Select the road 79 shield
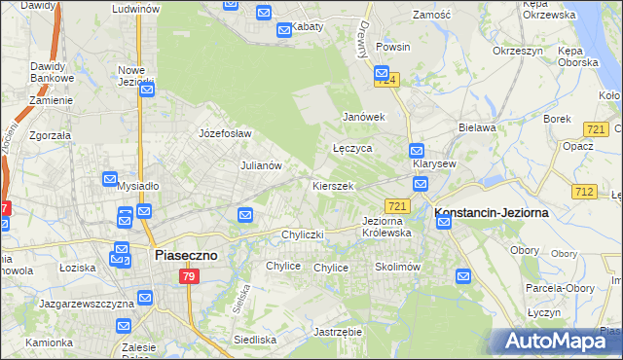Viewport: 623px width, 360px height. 190,277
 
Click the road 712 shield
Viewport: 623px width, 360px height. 585,192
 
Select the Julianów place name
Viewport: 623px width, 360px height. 261,165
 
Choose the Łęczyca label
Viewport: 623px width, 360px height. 352,149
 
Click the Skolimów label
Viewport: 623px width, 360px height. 396,267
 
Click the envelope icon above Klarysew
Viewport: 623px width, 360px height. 416,151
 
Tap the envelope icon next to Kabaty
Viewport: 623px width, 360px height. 284,30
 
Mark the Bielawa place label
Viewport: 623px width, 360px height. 478,127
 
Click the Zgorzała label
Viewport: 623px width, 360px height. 52,136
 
